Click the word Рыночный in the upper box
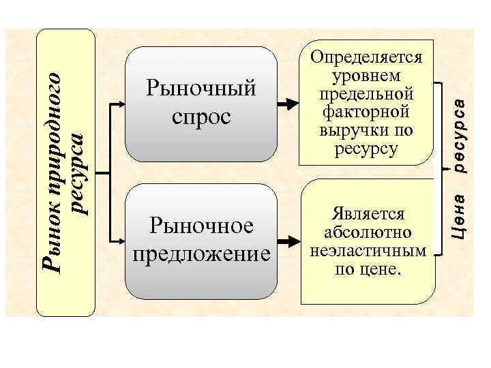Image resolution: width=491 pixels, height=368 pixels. point(201,89)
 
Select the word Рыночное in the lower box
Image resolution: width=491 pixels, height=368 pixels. point(201,225)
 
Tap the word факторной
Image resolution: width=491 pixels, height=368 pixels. point(366,110)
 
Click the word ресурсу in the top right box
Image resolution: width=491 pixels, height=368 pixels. point(366,147)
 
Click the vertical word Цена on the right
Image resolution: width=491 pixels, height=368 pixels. point(460,216)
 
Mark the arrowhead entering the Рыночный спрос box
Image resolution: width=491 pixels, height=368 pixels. point(121,104)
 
